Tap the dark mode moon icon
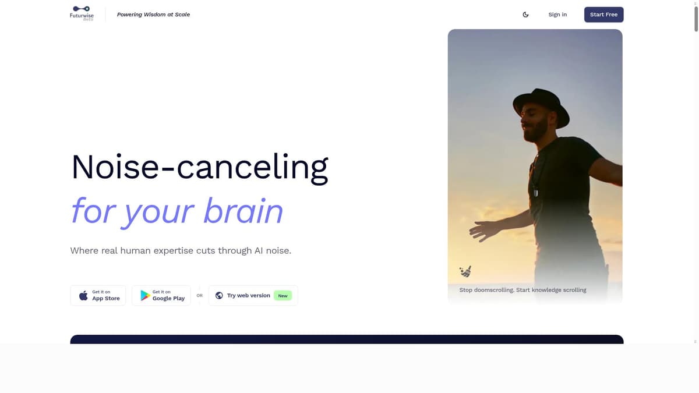point(525,15)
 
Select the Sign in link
point(557,15)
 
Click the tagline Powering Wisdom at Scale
point(153,15)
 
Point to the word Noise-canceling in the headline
point(199,167)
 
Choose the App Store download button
point(98,295)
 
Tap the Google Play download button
point(161,295)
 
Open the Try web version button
point(253,295)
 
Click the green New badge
point(283,296)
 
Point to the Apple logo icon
point(83,296)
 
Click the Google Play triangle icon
point(145,296)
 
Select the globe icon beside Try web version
point(219,295)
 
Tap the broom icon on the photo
point(465,271)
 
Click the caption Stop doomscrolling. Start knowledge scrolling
point(523,290)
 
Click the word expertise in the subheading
point(194,251)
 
